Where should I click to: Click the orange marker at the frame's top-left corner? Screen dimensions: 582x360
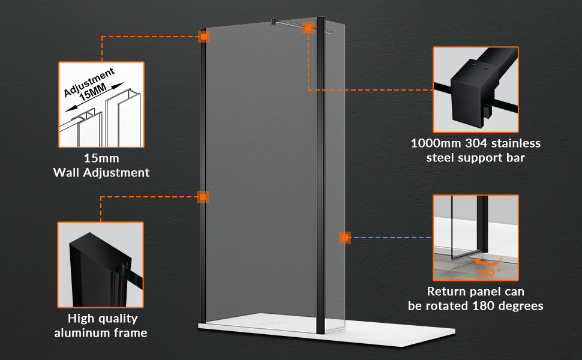point(203,37)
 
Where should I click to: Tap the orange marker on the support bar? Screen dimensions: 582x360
point(308,28)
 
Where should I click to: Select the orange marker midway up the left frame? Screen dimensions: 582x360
point(203,197)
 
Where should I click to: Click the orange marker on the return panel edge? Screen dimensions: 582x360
point(345,238)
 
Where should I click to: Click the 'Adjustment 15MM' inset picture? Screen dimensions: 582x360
point(101,104)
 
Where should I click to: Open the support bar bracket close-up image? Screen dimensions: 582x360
point(475,89)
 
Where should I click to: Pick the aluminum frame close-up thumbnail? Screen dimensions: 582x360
point(101,265)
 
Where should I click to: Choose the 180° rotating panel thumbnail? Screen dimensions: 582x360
point(475,238)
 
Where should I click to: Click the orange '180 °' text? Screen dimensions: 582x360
point(489,272)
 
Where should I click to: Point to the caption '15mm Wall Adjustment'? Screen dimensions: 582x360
point(101,165)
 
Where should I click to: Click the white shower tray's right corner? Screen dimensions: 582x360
point(454,331)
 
